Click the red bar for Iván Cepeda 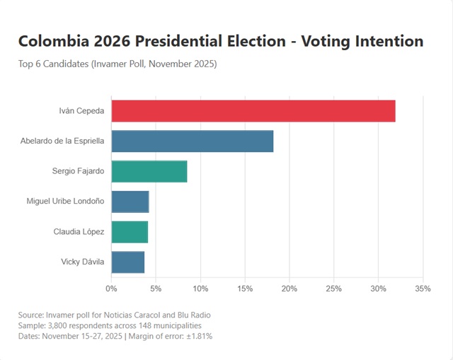click(253, 111)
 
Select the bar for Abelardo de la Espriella click(192, 141)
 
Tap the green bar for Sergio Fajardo click(149, 171)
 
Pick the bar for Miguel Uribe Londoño click(130, 202)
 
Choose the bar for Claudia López click(130, 232)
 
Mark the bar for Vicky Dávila click(127, 262)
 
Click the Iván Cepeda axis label click(81, 111)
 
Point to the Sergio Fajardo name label click(78, 171)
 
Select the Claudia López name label click(79, 232)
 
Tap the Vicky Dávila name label click(83, 262)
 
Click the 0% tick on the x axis click(111, 289)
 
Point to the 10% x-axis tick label click(200, 289)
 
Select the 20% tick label click(289, 289)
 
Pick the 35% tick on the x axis click(423, 289)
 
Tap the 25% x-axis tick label click(334, 289)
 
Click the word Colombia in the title click(54, 41)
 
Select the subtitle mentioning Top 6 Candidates click(117, 64)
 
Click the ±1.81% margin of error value click(197, 336)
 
